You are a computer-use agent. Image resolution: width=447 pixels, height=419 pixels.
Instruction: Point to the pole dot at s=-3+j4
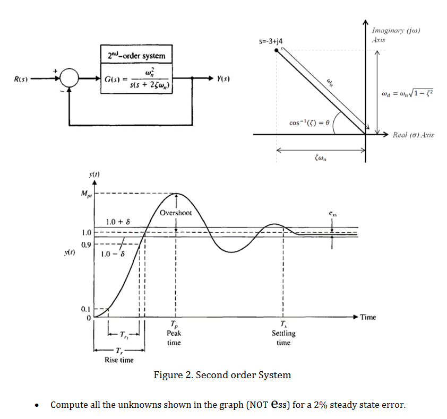[277, 50]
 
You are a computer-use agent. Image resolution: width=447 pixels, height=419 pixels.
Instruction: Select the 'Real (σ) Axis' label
[414, 135]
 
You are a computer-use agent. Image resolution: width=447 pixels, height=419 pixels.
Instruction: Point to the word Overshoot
[178, 213]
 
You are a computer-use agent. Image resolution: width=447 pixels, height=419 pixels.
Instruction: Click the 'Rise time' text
[119, 360]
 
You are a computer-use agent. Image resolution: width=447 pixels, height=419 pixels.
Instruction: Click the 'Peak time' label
[174, 338]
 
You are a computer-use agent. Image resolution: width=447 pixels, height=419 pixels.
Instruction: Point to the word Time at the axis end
[368, 317]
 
